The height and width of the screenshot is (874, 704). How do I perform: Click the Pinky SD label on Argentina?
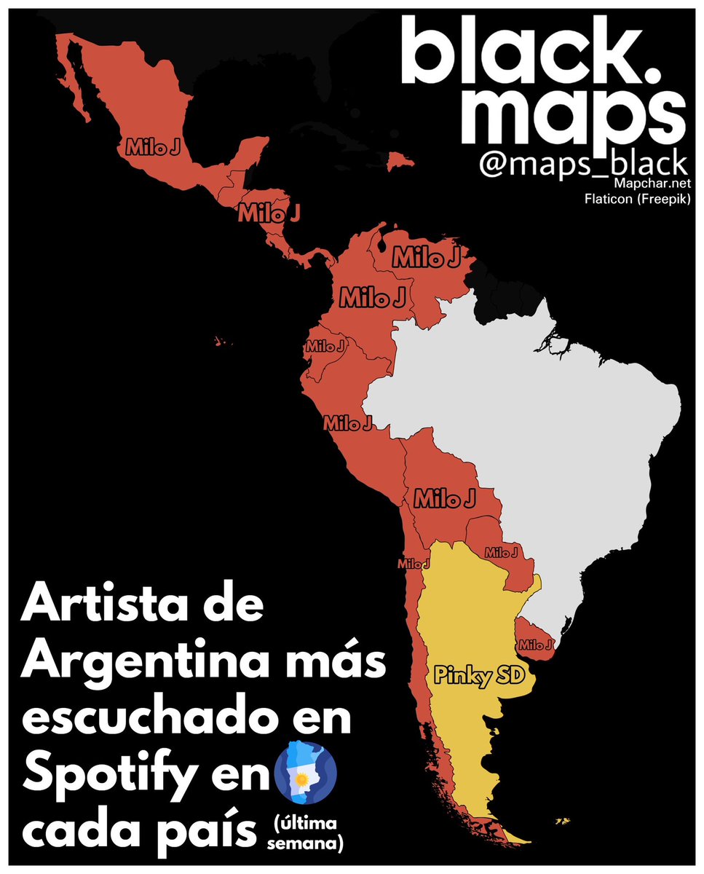(x=478, y=675)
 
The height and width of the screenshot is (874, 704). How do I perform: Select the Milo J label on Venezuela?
(x=427, y=257)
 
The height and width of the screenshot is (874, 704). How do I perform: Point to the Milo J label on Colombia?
(x=372, y=296)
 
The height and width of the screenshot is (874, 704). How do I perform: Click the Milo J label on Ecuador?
(x=326, y=347)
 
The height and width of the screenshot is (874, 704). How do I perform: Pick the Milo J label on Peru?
(x=348, y=422)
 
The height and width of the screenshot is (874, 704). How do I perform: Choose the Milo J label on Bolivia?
(x=445, y=499)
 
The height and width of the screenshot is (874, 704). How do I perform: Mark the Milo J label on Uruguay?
(x=536, y=645)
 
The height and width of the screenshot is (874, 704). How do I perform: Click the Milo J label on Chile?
(x=414, y=563)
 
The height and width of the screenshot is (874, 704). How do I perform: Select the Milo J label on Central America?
(x=269, y=213)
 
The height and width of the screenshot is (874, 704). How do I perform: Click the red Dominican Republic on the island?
(x=400, y=160)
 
